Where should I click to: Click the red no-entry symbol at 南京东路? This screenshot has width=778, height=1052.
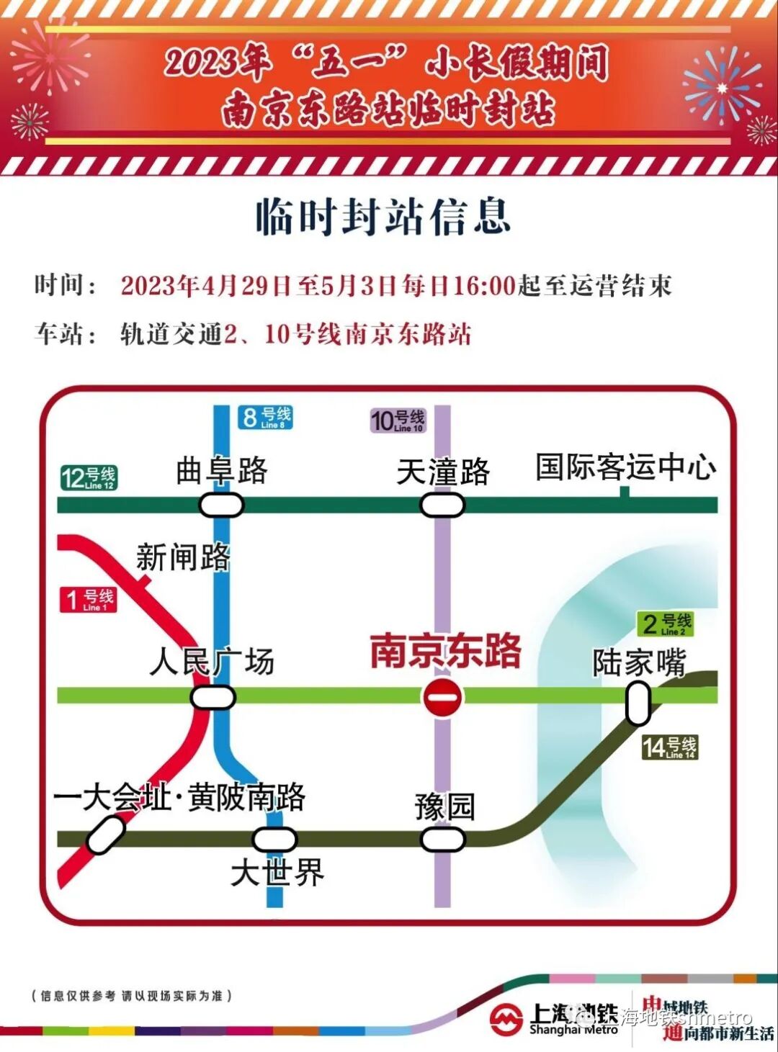click(x=442, y=696)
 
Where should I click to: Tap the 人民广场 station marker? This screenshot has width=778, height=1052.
click(x=213, y=697)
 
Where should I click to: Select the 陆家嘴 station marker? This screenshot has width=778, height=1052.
click(x=638, y=703)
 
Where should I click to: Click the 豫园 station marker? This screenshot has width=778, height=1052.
click(x=442, y=839)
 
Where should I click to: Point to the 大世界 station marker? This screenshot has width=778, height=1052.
click(x=274, y=839)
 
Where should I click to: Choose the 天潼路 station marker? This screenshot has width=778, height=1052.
click(x=442, y=505)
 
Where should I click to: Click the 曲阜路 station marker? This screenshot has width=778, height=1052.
click(x=221, y=505)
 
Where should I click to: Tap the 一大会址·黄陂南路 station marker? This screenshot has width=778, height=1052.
click(x=105, y=835)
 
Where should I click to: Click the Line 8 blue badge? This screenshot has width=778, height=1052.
click(x=265, y=417)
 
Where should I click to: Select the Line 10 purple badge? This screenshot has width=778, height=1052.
click(x=398, y=420)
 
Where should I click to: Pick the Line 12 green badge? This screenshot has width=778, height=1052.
click(x=88, y=477)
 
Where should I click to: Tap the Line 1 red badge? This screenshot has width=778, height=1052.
click(x=88, y=599)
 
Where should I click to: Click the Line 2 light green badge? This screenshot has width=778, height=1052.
click(x=665, y=624)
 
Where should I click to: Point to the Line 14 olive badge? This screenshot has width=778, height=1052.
click(x=669, y=747)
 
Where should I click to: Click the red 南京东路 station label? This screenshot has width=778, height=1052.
click(x=445, y=651)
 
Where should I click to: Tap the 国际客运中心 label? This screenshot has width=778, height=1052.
click(x=625, y=467)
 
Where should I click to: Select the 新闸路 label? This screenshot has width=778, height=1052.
click(x=183, y=557)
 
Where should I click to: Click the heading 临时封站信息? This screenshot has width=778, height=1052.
click(x=383, y=217)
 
